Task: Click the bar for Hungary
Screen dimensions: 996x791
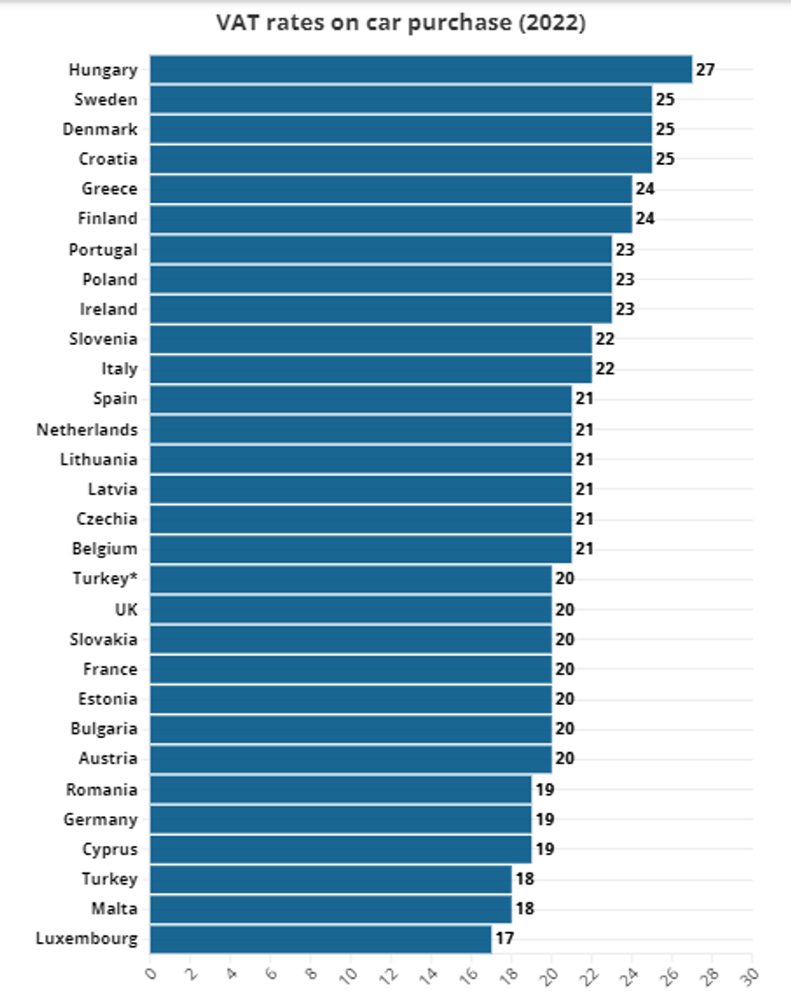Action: (421, 69)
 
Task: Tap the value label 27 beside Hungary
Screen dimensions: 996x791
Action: (705, 69)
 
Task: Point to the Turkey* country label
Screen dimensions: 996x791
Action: (105, 578)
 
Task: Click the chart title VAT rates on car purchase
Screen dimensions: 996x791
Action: (400, 23)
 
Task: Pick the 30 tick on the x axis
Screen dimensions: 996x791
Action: (750, 976)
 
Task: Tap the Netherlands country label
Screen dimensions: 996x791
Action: (87, 430)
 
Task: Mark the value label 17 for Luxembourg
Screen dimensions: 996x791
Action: (504, 939)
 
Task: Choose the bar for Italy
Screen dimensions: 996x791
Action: (370, 369)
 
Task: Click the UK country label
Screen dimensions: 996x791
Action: (126, 610)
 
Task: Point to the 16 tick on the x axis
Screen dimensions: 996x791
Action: (469, 976)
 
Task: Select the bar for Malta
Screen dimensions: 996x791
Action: (330, 909)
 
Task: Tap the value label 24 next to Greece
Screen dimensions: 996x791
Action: (645, 189)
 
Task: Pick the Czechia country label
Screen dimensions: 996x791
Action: (107, 519)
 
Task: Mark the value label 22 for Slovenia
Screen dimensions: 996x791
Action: (605, 339)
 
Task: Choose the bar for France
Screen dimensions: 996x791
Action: (350, 670)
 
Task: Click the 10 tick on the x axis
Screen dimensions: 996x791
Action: (349, 976)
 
